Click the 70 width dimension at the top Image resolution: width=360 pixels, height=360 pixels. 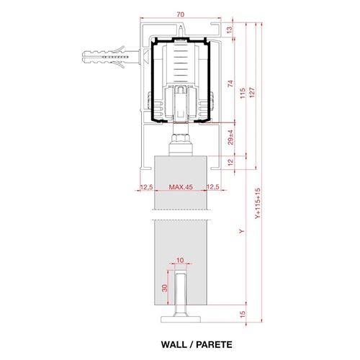tap(181, 14)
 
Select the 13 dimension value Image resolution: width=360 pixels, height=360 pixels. tap(230, 30)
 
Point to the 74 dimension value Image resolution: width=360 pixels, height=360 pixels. tap(230, 84)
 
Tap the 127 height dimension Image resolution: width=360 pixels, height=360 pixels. tap(252, 93)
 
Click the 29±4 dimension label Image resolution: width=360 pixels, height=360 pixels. tap(230, 138)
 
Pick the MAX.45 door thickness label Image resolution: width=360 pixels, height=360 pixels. tap(181, 187)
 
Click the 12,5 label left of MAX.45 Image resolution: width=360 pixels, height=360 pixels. tap(146, 187)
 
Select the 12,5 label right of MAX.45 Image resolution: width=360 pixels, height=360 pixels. tap(213, 187)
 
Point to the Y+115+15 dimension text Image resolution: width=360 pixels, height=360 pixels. tap(258, 204)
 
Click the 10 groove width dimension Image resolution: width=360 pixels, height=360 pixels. tap(180, 260)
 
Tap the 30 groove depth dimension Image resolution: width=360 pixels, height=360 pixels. tap(165, 288)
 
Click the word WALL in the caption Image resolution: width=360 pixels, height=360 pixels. tap(174, 345)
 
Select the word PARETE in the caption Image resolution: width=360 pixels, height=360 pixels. tap(214, 345)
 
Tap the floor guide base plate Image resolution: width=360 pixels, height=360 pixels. tap(181, 319)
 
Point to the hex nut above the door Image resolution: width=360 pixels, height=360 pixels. tap(181, 138)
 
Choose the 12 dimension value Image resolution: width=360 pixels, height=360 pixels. tap(230, 163)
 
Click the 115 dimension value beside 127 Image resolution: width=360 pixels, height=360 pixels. tap(243, 93)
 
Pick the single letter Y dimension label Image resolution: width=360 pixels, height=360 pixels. tap(242, 231)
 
